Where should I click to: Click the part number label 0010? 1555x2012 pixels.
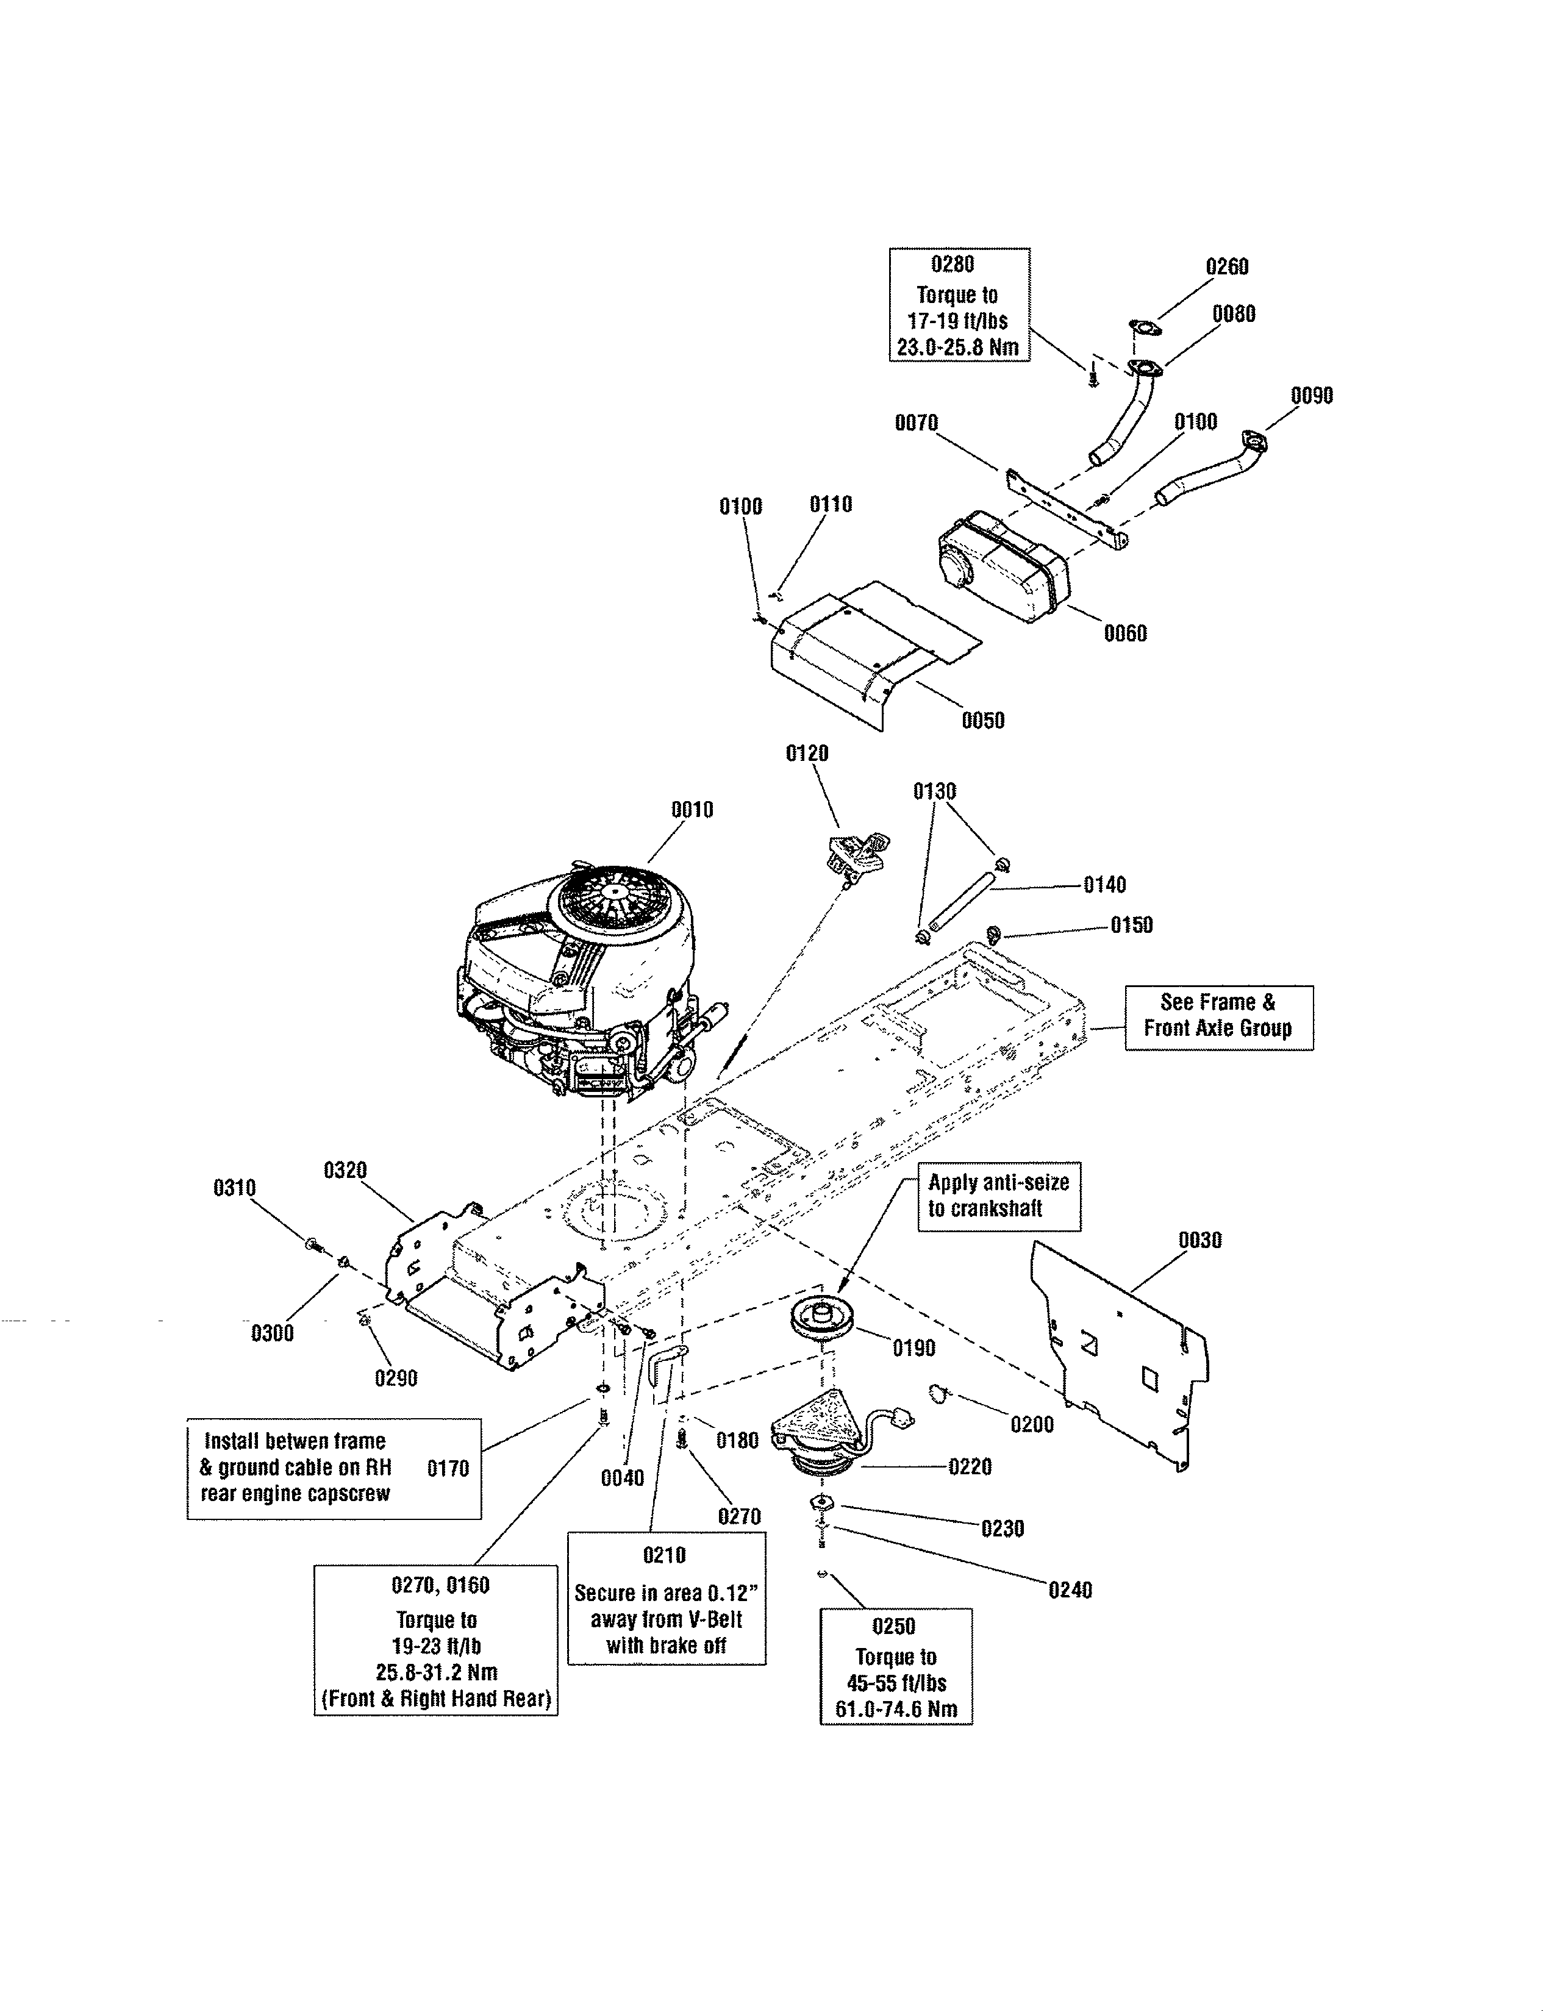pyautogui.click(x=692, y=810)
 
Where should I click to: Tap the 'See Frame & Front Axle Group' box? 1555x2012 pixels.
pyautogui.click(x=1218, y=1017)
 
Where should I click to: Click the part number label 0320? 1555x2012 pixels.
pyautogui.click(x=345, y=1170)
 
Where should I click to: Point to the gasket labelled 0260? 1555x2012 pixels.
pyautogui.click(x=1143, y=326)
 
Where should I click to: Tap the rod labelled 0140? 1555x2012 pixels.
pyautogui.click(x=963, y=896)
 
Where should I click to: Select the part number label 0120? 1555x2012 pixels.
pyautogui.click(x=806, y=754)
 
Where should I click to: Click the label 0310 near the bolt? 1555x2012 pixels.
pyautogui.click(x=234, y=1188)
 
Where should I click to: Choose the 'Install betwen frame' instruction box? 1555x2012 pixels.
pyautogui.click(x=334, y=1469)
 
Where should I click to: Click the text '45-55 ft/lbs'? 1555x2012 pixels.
pyautogui.click(x=895, y=1683)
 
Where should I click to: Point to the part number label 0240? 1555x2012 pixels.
pyautogui.click(x=1070, y=1590)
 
